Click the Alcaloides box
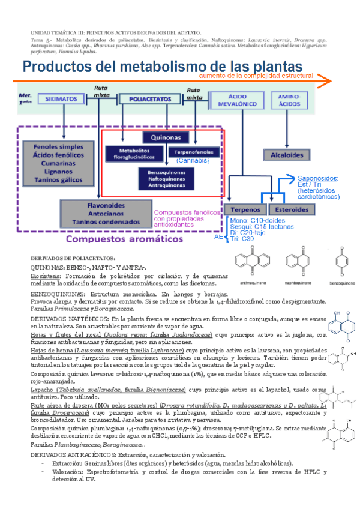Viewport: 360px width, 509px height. coord(286,154)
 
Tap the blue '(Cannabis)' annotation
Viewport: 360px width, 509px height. coord(192,161)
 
